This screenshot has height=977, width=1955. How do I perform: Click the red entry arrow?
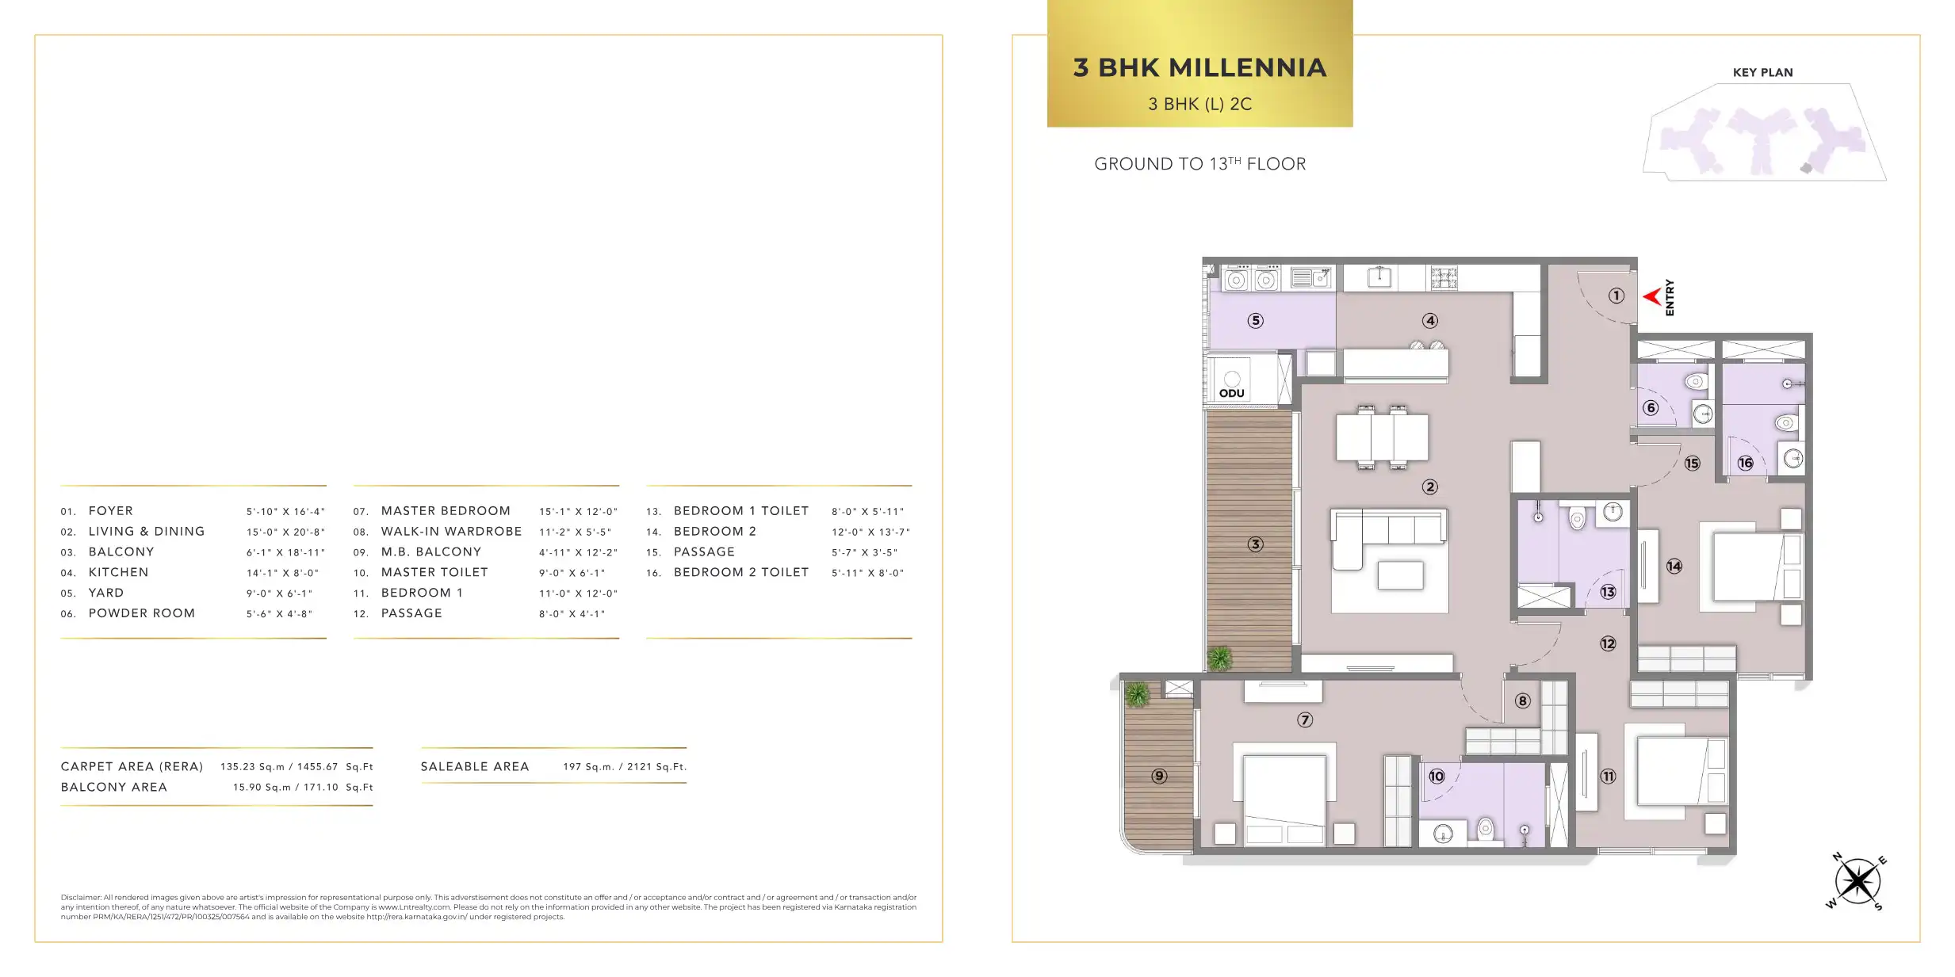click(x=1652, y=297)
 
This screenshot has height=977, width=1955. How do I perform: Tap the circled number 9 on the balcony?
click(x=1159, y=776)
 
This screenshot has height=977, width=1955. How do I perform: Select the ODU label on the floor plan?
click(x=1231, y=393)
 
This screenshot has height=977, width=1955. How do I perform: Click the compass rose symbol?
click(x=1857, y=881)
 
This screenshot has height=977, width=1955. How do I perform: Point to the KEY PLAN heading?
click(x=1762, y=72)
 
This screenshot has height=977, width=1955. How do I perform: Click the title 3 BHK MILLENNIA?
click(x=1199, y=67)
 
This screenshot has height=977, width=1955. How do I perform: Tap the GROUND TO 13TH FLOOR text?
click(x=1199, y=164)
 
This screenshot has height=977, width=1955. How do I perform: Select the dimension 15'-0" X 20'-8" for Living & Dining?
click(x=285, y=532)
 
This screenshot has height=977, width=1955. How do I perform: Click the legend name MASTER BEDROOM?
click(x=446, y=511)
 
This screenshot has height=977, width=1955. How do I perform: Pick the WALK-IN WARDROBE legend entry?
click(x=451, y=532)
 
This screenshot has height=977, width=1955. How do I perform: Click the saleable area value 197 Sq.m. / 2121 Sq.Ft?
click(x=625, y=767)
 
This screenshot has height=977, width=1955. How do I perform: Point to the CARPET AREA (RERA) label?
click(x=132, y=767)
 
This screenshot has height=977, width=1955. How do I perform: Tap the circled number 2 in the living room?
click(x=1429, y=487)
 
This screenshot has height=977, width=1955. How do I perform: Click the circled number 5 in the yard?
click(x=1255, y=321)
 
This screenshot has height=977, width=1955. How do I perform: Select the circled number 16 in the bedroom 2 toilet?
click(x=1745, y=464)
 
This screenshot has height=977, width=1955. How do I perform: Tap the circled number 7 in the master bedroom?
click(x=1305, y=720)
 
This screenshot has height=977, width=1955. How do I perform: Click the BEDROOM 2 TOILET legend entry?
click(x=741, y=572)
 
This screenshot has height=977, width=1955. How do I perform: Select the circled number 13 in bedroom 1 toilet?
click(x=1608, y=592)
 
